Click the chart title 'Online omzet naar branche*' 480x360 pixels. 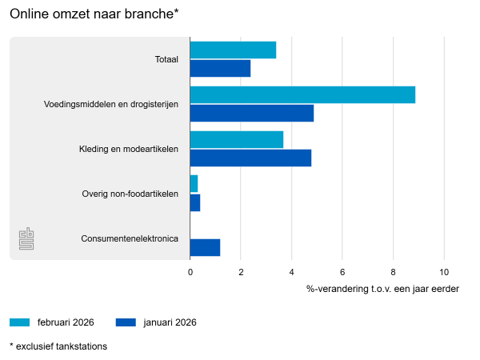coord(94,14)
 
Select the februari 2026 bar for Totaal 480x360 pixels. coord(233,50)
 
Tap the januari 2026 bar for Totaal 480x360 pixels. coord(220,69)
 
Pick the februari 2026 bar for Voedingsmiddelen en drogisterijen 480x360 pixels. coord(302,94)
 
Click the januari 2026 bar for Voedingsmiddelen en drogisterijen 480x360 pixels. coord(251,114)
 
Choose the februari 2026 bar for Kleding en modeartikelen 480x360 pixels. coord(236,139)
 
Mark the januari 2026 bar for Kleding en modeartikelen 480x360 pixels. coord(250,158)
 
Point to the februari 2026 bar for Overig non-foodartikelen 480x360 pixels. coord(194,184)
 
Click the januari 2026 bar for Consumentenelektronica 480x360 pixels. coord(205,247)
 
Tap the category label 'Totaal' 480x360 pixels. coord(166,59)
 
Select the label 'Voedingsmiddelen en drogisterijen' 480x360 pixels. coord(110,104)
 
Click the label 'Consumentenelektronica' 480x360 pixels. coord(130,238)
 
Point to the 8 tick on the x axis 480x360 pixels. coord(393,272)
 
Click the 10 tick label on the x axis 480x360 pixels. coord(443,272)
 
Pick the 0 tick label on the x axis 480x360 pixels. coord(190,272)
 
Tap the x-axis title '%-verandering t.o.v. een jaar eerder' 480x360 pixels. coord(382,288)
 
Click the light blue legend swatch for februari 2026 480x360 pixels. coord(20,322)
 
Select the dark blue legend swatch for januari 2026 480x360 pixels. coord(126,322)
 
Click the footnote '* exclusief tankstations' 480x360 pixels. coord(58,346)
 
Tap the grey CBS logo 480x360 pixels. coord(26,238)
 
